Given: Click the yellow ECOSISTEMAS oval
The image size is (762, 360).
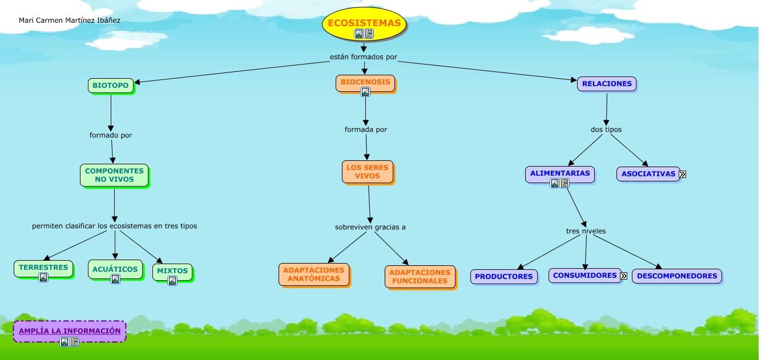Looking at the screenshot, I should pyautogui.click(x=364, y=23).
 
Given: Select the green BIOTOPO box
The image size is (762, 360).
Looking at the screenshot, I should pyautogui.click(x=111, y=86).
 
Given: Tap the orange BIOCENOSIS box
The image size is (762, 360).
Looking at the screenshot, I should pyautogui.click(x=365, y=82).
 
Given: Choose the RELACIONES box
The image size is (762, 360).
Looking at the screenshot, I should pyautogui.click(x=607, y=84).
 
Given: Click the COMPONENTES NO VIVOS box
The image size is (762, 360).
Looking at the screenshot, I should pyautogui.click(x=114, y=175).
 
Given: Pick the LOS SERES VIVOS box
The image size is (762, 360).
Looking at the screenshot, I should pyautogui.click(x=368, y=172).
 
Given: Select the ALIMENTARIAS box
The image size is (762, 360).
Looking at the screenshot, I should pyautogui.click(x=559, y=173).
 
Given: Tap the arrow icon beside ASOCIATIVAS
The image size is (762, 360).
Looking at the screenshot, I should pyautogui.click(x=682, y=174).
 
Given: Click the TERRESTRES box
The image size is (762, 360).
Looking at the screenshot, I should pyautogui.click(x=43, y=268).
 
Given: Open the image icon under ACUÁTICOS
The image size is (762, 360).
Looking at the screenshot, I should pyautogui.click(x=115, y=279).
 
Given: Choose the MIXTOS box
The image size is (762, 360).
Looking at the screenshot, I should pyautogui.click(x=172, y=271).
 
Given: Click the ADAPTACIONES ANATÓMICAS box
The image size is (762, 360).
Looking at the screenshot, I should pyautogui.click(x=314, y=274).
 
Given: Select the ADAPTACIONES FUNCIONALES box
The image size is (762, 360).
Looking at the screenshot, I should pyautogui.click(x=420, y=277).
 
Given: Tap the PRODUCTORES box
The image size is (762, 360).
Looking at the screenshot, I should pyautogui.click(x=504, y=277).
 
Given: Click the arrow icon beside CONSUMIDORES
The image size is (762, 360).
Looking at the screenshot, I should pyautogui.click(x=623, y=276).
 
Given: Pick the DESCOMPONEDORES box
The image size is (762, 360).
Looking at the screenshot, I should pyautogui.click(x=677, y=276).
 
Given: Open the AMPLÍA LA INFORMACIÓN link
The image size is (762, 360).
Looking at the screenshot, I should pyautogui.click(x=70, y=331).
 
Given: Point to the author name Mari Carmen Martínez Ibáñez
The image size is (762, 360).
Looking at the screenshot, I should pyautogui.click(x=70, y=21).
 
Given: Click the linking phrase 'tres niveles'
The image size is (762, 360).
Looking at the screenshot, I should pyautogui.click(x=586, y=231).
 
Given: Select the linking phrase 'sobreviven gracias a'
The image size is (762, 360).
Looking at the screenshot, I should pyautogui.click(x=370, y=227).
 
